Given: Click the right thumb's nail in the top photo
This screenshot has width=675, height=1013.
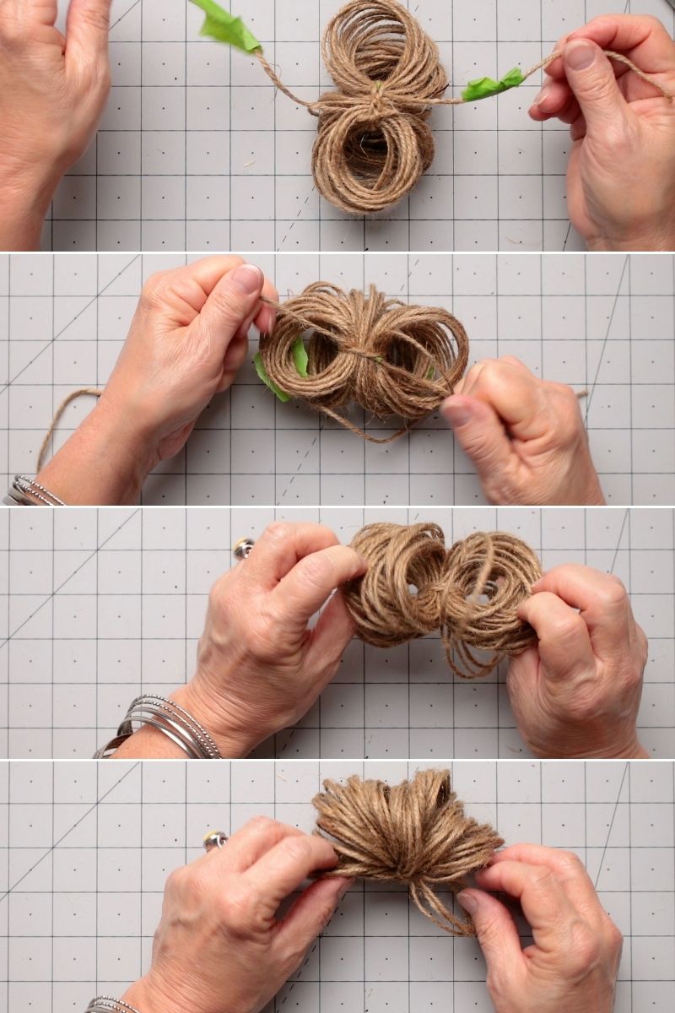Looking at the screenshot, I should [x=580, y=56].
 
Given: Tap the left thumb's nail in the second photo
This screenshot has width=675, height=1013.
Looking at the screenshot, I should [x=247, y=279].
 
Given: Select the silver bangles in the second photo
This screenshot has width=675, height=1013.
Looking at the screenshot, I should [x=34, y=491].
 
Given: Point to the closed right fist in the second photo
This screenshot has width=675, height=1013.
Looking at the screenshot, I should [x=515, y=431].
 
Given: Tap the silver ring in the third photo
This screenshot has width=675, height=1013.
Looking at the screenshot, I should [x=244, y=548].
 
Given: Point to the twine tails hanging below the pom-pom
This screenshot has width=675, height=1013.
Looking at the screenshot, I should [x=439, y=907].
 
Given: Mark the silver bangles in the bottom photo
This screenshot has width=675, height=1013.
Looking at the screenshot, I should [x=110, y=1005].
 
